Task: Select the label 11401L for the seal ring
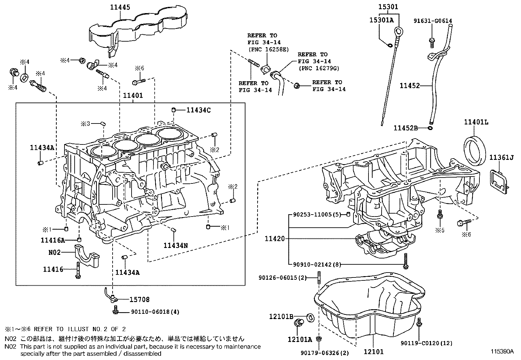click(x=476, y=122)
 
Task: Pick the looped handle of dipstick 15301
click(x=399, y=31)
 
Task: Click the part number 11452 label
click(x=409, y=86)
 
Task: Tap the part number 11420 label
click(x=275, y=239)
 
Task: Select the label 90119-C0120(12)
click(x=426, y=343)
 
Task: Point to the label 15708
click(x=139, y=299)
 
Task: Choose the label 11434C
click(x=198, y=110)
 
